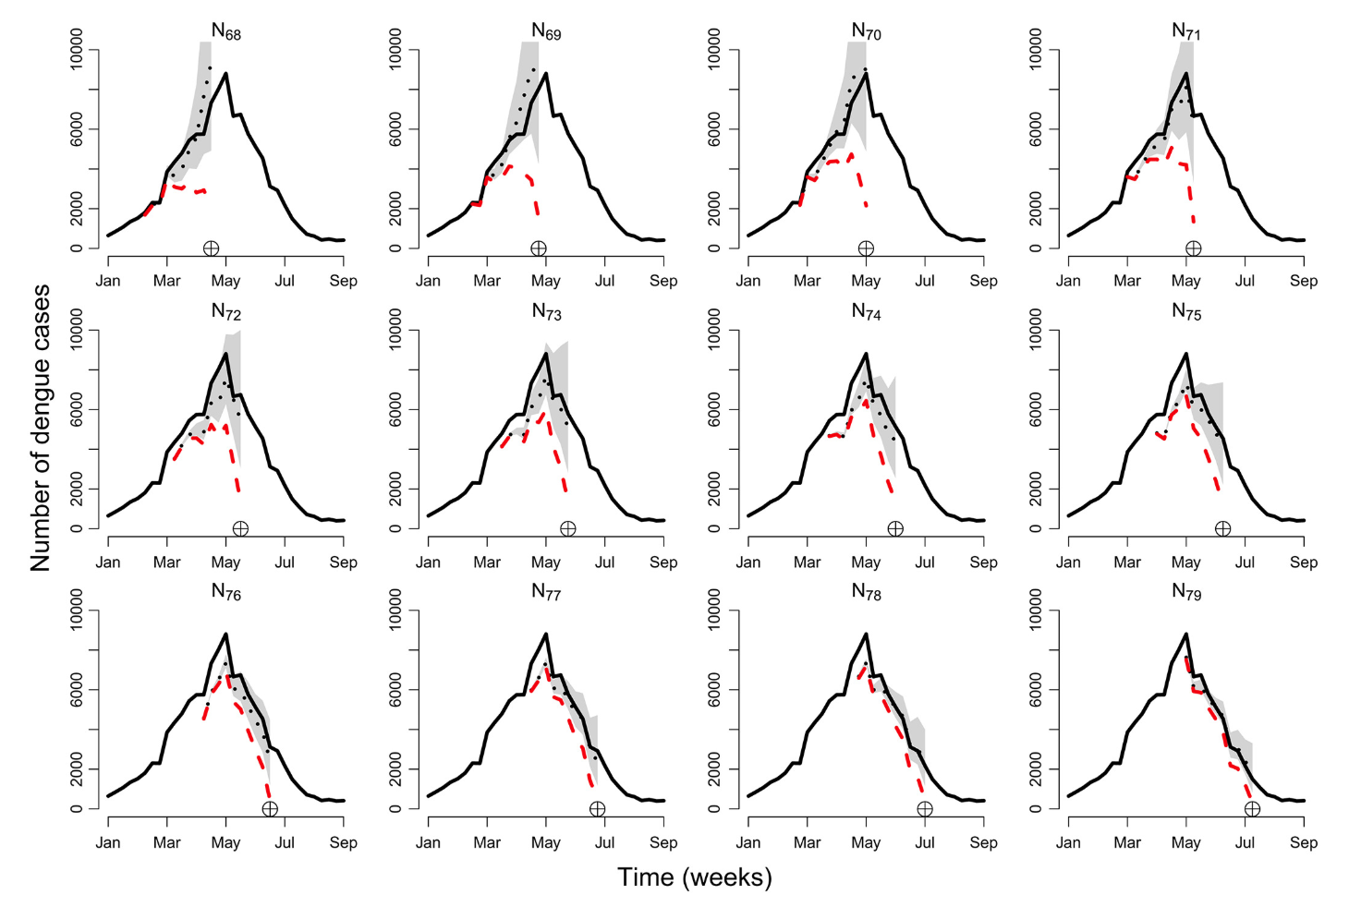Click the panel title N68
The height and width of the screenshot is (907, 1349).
(x=225, y=32)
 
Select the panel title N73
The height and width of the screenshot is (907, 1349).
(x=546, y=312)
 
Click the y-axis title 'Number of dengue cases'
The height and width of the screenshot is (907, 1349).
(x=41, y=428)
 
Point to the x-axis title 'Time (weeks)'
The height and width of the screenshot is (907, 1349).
(x=694, y=877)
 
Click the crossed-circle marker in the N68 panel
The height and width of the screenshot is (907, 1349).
(x=211, y=248)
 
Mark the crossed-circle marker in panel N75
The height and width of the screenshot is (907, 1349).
(x=1222, y=529)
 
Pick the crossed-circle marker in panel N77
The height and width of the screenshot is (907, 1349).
(x=597, y=809)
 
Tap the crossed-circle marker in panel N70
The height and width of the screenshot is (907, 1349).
(x=866, y=248)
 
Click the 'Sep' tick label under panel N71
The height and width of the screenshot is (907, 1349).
(x=1304, y=281)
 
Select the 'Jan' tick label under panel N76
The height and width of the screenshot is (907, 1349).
(x=108, y=842)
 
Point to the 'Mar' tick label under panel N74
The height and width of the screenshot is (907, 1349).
(x=807, y=562)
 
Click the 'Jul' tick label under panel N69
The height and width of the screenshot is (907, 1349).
(x=604, y=281)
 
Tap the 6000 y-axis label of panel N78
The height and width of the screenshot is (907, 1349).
(x=717, y=689)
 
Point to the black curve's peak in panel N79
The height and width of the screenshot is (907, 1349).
(x=1186, y=634)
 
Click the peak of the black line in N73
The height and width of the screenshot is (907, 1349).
(x=546, y=353)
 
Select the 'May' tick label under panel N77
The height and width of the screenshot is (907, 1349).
(x=546, y=842)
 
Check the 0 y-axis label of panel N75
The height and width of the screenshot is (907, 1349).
(x=1037, y=529)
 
